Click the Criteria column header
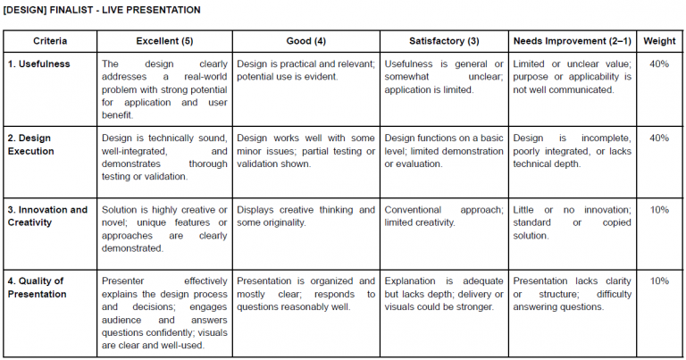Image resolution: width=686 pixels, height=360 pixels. (51, 41)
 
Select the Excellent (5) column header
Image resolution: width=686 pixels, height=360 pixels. (164, 41)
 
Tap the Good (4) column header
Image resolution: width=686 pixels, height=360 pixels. (305, 41)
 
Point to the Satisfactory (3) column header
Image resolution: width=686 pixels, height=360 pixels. (444, 41)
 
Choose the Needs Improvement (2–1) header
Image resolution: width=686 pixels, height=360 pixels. (572, 41)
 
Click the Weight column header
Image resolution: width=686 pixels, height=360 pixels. (659, 41)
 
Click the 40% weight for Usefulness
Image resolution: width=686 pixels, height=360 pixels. (659, 64)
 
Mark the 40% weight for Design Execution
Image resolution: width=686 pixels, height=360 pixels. (659, 138)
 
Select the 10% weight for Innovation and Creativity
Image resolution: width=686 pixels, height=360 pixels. (659, 210)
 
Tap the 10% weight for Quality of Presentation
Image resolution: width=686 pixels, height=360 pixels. (659, 281)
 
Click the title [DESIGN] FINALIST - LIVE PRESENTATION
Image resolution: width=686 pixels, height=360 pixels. (102, 10)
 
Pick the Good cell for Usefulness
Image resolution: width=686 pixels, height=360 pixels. (305, 71)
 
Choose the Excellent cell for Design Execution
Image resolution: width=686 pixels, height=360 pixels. (164, 151)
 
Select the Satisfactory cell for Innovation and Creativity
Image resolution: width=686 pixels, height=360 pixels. (444, 216)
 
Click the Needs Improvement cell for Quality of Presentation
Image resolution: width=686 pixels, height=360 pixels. (572, 294)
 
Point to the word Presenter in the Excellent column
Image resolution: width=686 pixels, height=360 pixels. (124, 281)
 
